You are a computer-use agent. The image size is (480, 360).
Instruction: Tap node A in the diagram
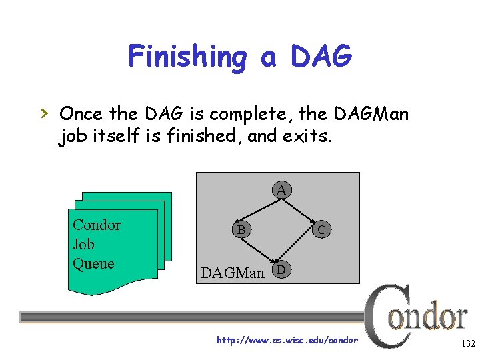[282, 191]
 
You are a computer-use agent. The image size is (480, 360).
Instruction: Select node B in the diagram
[242, 230]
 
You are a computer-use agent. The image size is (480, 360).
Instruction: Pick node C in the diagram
[322, 230]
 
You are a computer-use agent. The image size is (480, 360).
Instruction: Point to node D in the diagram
[282, 269]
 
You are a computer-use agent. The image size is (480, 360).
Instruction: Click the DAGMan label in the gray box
[233, 273]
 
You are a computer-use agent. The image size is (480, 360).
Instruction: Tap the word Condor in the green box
[97, 225]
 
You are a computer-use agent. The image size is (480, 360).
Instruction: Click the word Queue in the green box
[93, 263]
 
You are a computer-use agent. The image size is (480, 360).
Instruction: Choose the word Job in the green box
[83, 244]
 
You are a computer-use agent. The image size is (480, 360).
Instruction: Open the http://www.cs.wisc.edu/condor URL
[287, 341]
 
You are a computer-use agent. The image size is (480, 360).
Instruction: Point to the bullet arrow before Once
[45, 112]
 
